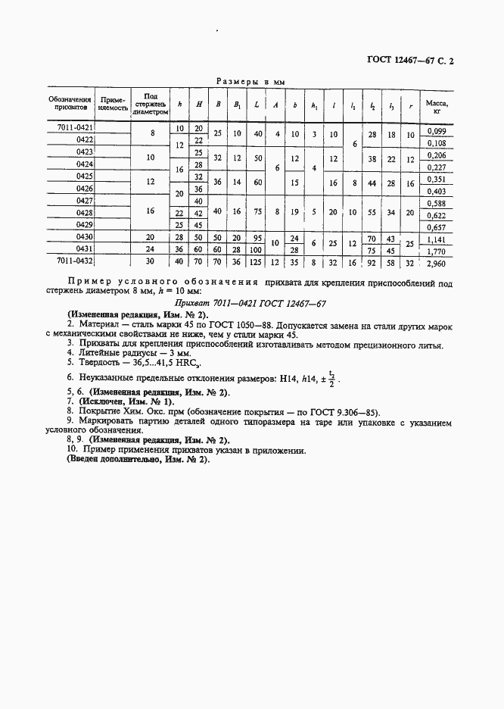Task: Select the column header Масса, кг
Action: pos(435,105)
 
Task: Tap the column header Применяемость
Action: pos(112,105)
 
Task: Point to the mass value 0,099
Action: pos(437,130)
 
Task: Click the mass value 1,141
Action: pos(437,238)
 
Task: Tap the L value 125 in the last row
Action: pos(258,262)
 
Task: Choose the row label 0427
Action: pos(84,201)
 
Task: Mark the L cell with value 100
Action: pos(258,250)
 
